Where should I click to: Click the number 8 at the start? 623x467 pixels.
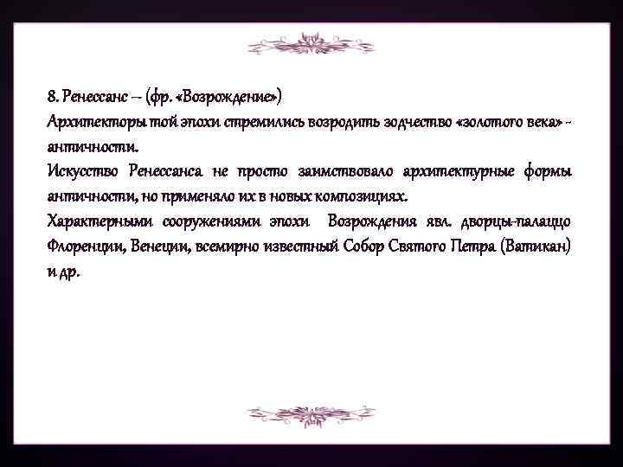coord(51,93)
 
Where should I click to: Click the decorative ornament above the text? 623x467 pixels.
coord(311,46)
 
